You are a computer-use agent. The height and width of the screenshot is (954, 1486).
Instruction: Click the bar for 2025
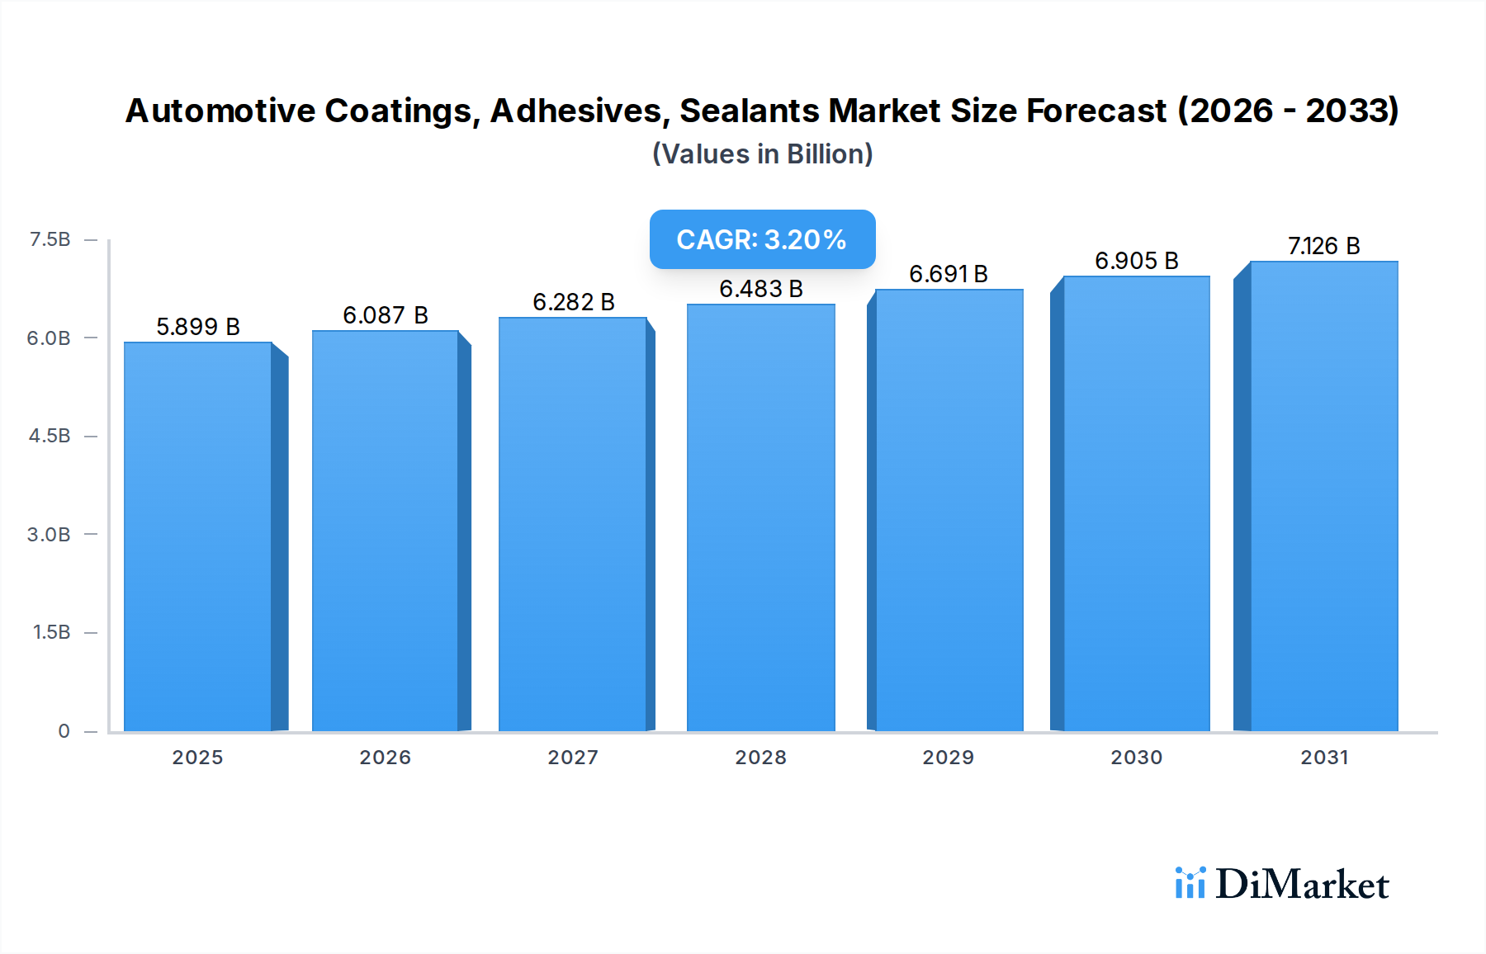pos(198,536)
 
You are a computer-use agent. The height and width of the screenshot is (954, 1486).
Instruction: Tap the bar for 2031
pos(1323,496)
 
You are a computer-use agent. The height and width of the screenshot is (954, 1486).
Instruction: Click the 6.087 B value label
pos(386,315)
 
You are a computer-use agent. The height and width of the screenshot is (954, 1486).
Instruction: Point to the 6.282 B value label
pos(574,302)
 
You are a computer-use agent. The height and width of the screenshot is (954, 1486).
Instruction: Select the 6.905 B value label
pos(1137,261)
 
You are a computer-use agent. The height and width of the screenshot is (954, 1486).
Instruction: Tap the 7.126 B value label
pos(1323,246)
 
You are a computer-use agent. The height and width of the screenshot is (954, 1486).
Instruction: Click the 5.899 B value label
pos(198,327)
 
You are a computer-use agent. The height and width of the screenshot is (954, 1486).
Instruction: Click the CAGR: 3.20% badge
pos(762,239)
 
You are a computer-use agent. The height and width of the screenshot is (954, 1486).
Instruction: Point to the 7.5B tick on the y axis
pos(50,239)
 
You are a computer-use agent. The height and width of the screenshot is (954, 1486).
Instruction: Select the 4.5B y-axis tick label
pos(50,436)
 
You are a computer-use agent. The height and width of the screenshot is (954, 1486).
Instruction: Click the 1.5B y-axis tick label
pos(51,632)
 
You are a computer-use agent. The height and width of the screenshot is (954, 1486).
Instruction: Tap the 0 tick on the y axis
pos(64,731)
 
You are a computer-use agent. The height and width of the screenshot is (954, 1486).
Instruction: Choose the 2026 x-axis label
pos(385,758)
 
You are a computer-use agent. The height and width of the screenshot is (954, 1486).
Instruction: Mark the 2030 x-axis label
pos(1136,758)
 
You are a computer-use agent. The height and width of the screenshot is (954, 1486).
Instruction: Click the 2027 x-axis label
pos(573,758)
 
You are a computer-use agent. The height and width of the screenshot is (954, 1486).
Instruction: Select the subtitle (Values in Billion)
pos(762,154)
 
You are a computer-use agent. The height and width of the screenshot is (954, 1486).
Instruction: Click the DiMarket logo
pos(1282,884)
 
